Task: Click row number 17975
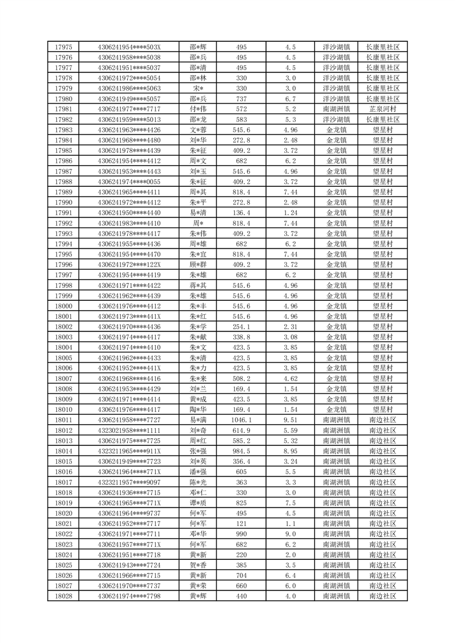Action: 64,47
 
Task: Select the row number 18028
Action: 64,596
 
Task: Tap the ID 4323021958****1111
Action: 130,430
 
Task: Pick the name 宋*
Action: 198,88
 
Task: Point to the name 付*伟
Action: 198,109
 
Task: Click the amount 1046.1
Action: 241,419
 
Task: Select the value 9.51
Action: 291,419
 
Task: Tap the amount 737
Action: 241,99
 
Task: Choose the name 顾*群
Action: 198,264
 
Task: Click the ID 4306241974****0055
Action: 130,182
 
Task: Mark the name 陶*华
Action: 198,409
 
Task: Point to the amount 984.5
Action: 241,451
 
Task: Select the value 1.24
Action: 291,213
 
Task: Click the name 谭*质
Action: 198,503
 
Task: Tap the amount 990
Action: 241,534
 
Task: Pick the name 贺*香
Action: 198,565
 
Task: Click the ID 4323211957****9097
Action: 130,482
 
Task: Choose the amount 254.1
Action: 241,327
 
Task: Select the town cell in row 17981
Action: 336,109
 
